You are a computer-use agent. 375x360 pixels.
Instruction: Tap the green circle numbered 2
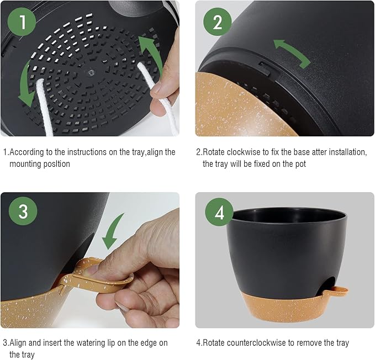(x=217, y=22)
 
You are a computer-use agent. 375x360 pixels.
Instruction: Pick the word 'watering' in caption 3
(x=91, y=343)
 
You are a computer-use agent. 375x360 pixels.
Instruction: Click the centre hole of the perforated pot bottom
(x=88, y=71)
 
